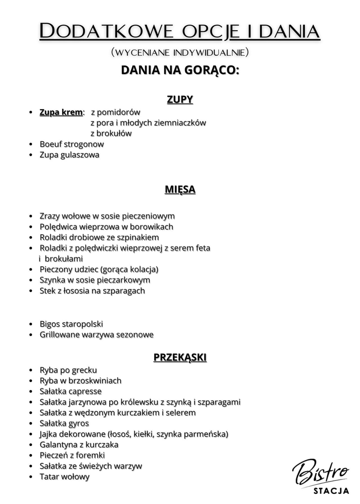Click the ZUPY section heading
pos(180,100)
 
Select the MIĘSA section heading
pos(180,189)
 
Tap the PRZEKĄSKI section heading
pos(180,357)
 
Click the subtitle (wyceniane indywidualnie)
pos(180,52)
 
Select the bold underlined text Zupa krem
pos(61,112)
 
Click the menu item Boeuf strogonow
pos(72,144)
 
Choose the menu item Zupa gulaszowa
pos(69,155)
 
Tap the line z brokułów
pos(111,133)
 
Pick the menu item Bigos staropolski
pos(71,324)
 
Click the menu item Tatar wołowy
pos(65,477)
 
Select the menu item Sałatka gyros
pos(64,423)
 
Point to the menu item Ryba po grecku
pos(68,370)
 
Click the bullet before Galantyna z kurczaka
pos(31,445)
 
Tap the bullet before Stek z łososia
pos(31,291)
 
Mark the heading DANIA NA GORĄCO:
pos(180,70)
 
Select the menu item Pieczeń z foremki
pos(72,455)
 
